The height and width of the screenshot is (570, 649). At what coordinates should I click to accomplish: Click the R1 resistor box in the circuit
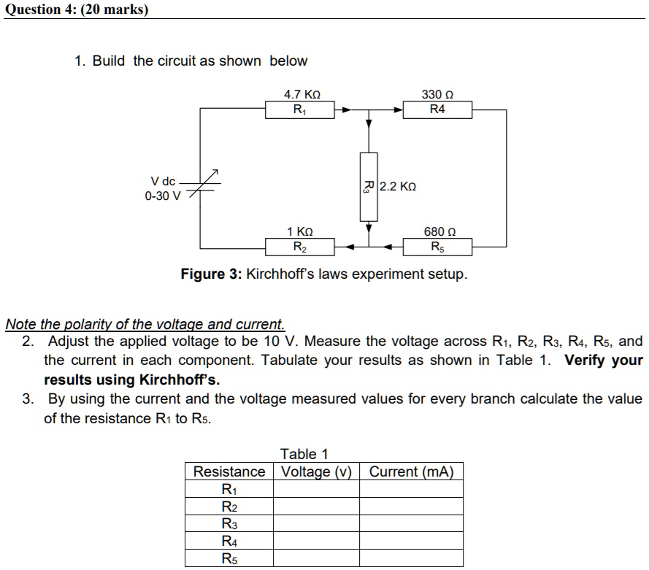(x=300, y=110)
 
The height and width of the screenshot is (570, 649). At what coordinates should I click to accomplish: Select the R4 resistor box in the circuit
(x=437, y=110)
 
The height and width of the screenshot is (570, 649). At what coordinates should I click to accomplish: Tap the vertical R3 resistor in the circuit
(x=369, y=186)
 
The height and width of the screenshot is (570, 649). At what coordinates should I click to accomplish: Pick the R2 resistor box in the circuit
(x=300, y=247)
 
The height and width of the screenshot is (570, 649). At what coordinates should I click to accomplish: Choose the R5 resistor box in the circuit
(x=437, y=247)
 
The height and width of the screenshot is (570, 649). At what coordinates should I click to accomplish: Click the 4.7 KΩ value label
(x=302, y=95)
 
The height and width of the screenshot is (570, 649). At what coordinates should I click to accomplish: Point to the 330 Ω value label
(x=437, y=95)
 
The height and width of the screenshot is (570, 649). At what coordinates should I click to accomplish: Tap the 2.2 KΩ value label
(x=399, y=187)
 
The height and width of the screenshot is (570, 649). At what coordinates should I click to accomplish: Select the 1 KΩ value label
(x=300, y=232)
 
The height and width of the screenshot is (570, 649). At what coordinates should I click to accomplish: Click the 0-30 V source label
(x=162, y=196)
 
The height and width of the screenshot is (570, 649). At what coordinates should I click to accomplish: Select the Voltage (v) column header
(x=316, y=471)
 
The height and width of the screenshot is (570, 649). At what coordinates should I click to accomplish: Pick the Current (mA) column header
(x=411, y=471)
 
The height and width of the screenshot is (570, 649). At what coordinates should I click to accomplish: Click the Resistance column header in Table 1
(x=229, y=471)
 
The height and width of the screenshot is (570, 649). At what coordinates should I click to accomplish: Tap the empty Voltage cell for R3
(x=316, y=524)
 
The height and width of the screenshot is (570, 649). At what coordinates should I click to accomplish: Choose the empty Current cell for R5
(x=411, y=559)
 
